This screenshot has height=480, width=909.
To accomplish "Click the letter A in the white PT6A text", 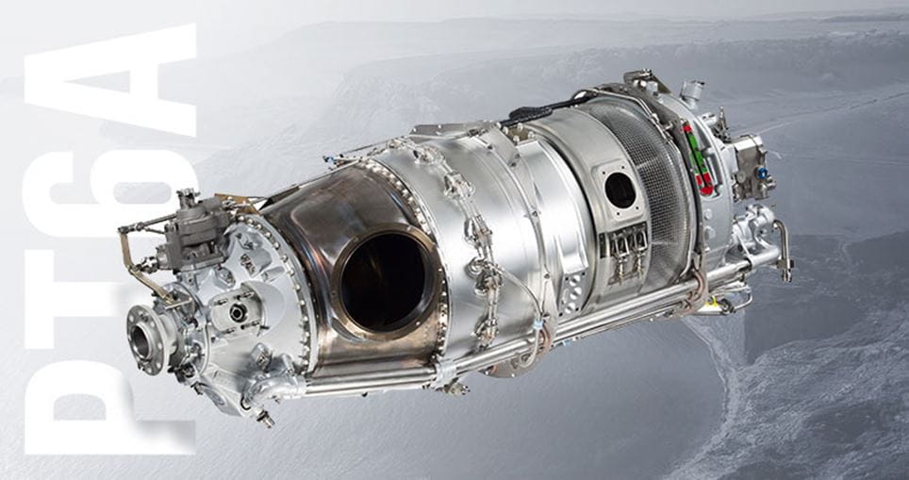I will pos(111,80).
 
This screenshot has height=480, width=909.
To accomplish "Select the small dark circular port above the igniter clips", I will pos(620,190).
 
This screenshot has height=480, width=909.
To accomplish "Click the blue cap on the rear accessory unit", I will pos(761,174).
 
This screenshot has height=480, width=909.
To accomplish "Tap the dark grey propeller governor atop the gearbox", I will pos(193,231).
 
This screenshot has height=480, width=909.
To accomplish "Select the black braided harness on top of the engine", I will pos(547,108).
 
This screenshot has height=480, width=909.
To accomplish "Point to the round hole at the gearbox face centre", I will pos(237,311).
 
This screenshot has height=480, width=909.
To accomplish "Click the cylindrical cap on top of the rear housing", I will pos(691,91).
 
